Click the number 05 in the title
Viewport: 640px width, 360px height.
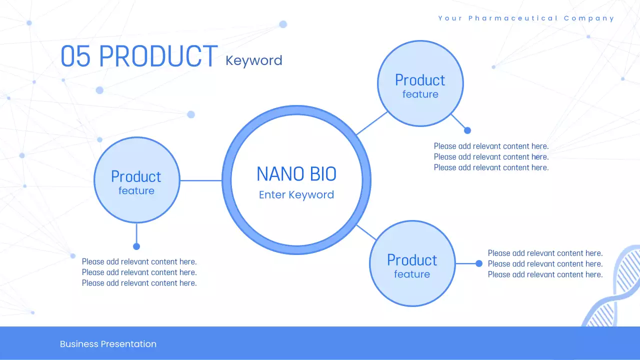tap(75, 56)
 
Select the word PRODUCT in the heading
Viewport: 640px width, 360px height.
tap(158, 56)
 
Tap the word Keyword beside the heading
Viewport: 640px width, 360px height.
tap(253, 60)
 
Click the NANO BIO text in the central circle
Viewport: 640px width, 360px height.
tap(296, 174)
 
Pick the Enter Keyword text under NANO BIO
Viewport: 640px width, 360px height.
tap(296, 195)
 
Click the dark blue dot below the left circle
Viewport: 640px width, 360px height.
tap(136, 246)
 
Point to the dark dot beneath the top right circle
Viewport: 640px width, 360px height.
tap(467, 130)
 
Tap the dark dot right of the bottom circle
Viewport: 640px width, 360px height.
tap(479, 263)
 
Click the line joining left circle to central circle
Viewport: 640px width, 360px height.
tap(200, 180)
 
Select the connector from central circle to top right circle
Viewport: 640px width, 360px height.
tap(372, 123)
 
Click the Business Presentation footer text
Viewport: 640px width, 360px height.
tap(108, 344)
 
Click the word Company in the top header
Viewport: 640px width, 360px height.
tap(589, 18)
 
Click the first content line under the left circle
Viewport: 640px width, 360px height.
tap(139, 261)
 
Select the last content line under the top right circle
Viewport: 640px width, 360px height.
tap(491, 167)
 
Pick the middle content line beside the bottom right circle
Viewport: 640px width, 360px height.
tap(545, 264)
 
